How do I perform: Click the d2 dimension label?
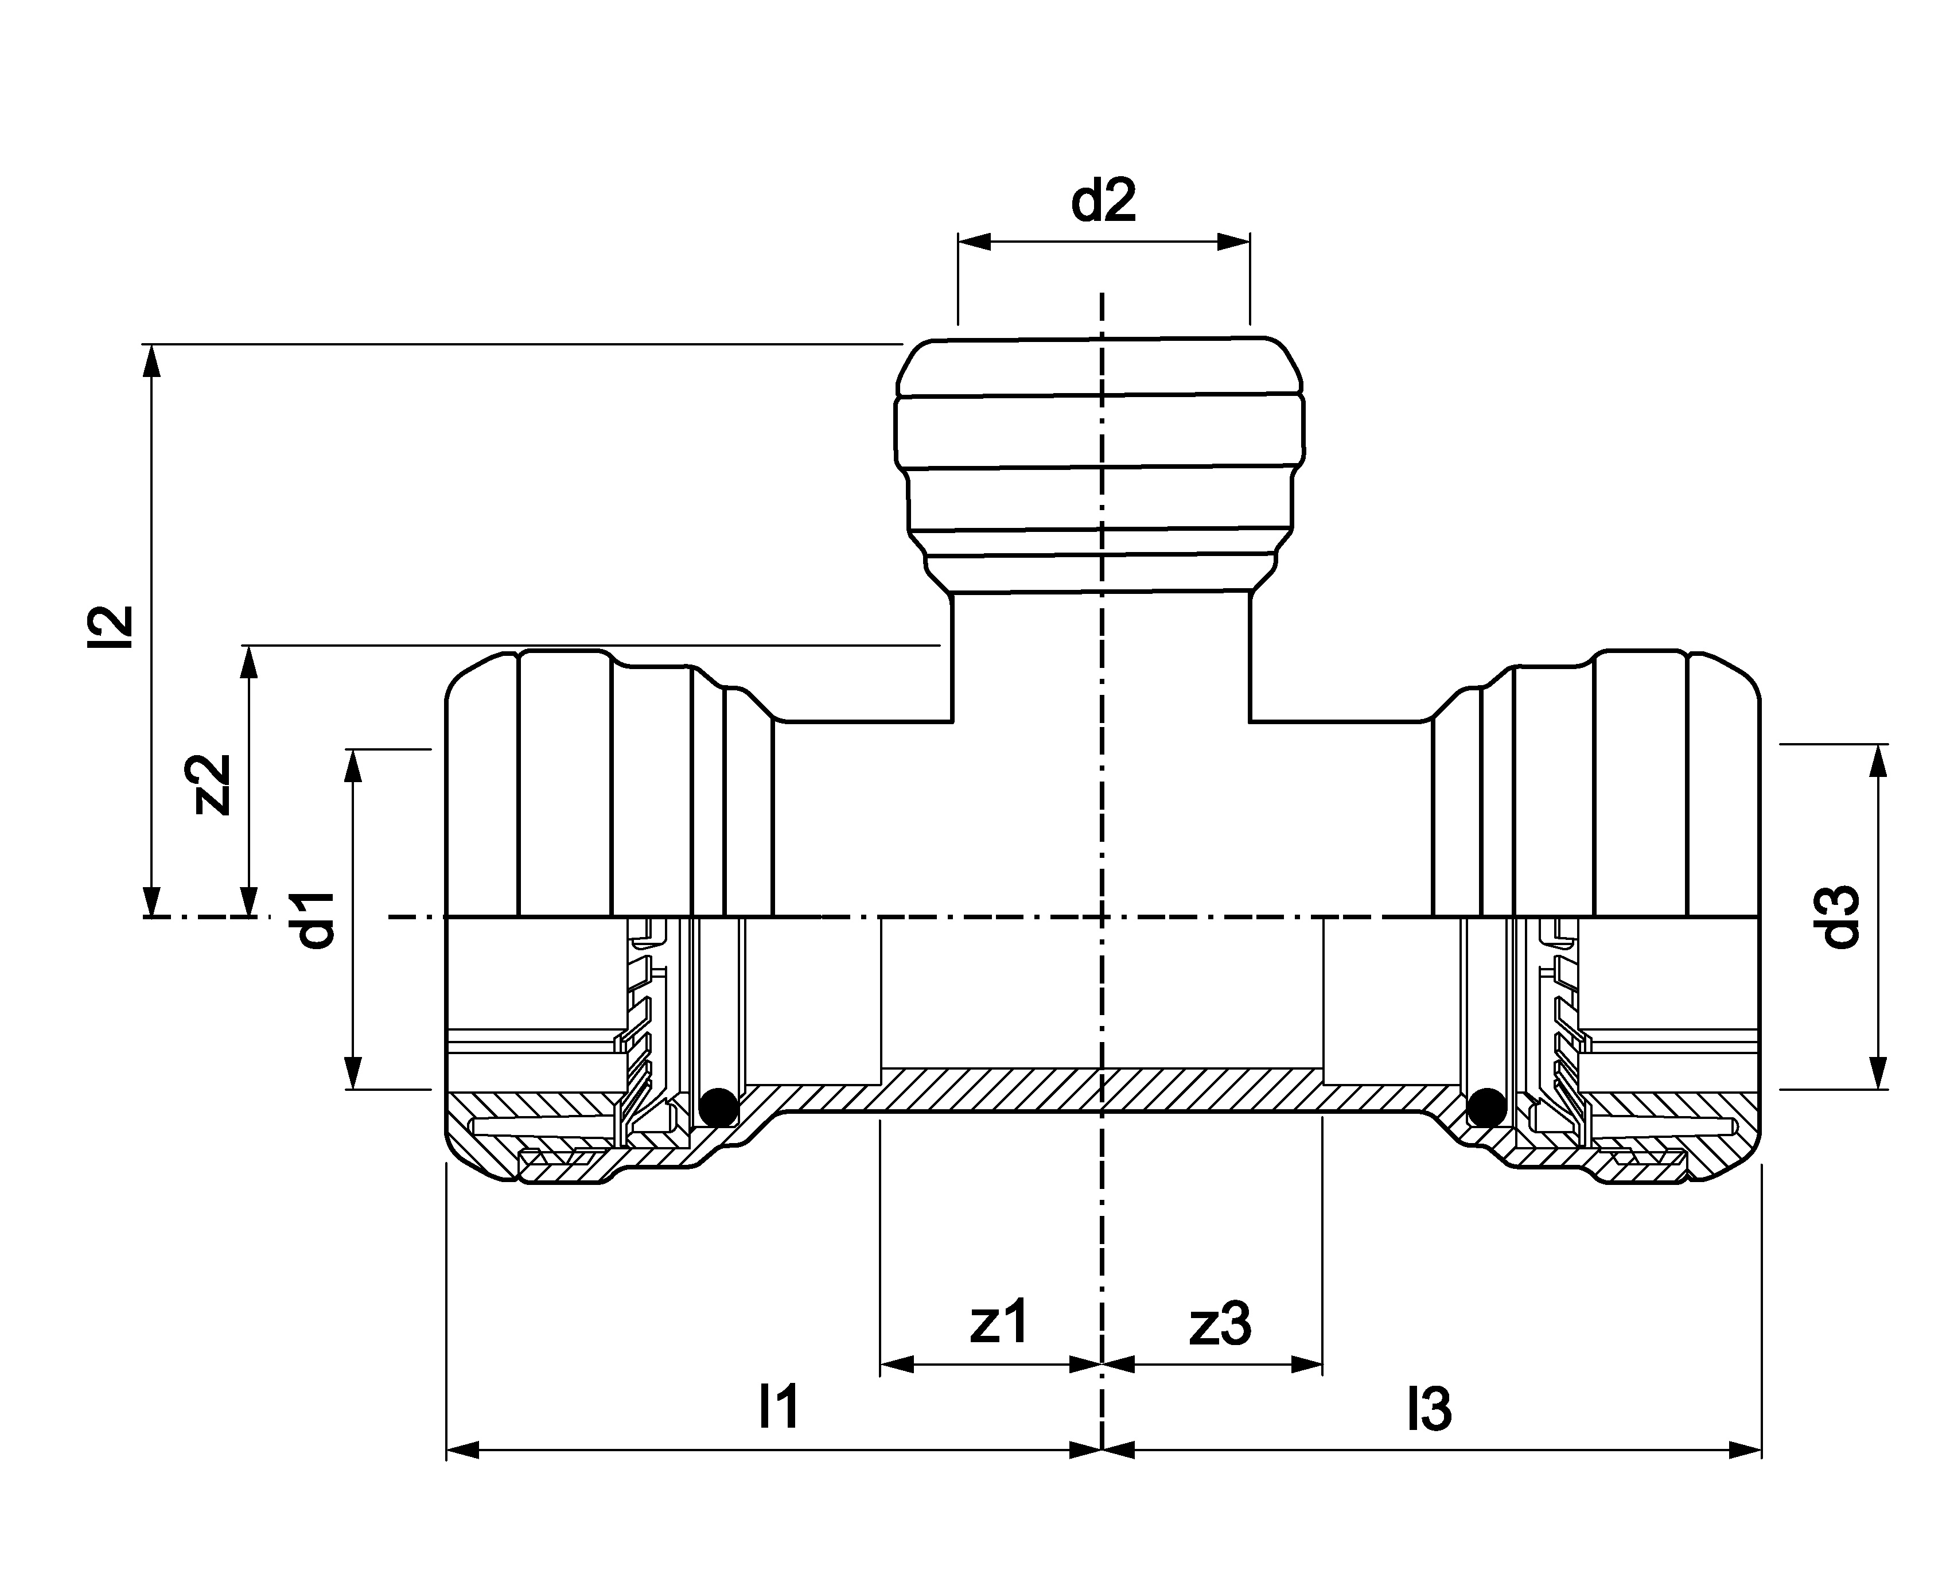[x=1103, y=201]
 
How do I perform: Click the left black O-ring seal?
[x=719, y=1107]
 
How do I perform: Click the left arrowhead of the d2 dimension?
[x=975, y=242]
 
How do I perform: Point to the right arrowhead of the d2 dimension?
[x=1234, y=242]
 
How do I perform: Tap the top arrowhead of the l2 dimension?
[x=152, y=360]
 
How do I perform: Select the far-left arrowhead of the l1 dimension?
[x=463, y=1450]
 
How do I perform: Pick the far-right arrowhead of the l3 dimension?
[x=1745, y=1450]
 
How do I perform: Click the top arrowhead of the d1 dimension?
[x=355, y=765]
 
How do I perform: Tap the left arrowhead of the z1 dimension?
[x=897, y=1365]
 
